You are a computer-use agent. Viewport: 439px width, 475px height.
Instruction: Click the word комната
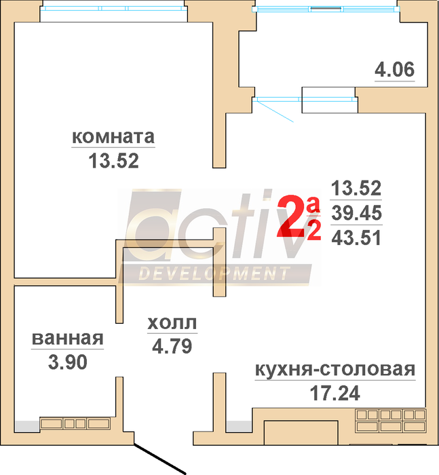pos(113,137)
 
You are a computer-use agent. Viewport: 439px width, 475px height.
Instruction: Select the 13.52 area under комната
pos(113,161)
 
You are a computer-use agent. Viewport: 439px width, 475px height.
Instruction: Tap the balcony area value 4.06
pos(394,69)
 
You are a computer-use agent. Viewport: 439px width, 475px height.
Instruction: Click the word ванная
pos(68,339)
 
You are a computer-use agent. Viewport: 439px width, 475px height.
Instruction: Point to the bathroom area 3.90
pos(68,362)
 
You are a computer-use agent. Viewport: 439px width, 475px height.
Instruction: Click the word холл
pos(172,323)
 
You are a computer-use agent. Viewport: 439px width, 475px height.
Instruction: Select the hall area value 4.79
pos(172,346)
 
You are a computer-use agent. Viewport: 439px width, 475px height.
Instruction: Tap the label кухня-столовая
pos(335,370)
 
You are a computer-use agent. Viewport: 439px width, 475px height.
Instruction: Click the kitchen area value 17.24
pos(335,393)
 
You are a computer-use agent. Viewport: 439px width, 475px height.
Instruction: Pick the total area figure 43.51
pos(356,238)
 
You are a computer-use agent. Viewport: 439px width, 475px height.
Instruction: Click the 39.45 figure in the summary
pos(356,212)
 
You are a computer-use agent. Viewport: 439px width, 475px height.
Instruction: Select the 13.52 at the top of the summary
pos(356,188)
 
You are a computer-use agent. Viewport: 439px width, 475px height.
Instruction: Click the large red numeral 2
pos(290,216)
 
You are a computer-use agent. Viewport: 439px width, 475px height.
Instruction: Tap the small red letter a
pos(313,205)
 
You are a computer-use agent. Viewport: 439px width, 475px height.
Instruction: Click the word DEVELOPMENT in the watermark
pos(214,273)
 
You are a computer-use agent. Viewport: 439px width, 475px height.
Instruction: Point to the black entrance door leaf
pos(160,459)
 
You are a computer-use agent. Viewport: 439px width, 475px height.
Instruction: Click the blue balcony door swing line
pos(275,111)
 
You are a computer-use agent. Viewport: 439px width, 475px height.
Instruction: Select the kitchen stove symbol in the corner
pos(391,421)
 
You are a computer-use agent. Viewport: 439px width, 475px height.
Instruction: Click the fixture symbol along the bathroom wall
pos(75,423)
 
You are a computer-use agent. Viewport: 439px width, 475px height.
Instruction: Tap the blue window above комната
pos(113,8)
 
